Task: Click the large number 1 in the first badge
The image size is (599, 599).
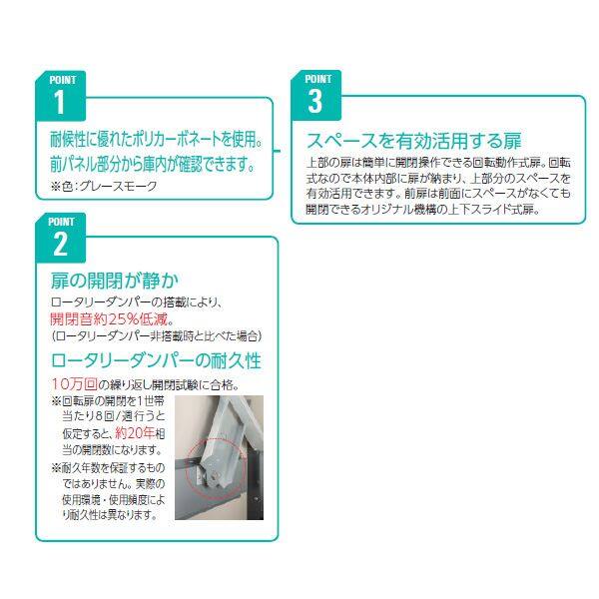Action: [58, 102]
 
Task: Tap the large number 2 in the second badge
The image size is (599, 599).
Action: [59, 243]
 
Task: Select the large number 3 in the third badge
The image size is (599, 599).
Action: [315, 101]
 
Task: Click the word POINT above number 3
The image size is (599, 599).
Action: [317, 78]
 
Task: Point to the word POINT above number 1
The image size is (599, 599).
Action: [60, 79]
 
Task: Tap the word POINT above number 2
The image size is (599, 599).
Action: [60, 220]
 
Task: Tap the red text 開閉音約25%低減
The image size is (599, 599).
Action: [114, 319]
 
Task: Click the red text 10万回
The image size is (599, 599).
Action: [74, 384]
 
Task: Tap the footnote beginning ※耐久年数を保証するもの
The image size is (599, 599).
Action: [112, 467]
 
